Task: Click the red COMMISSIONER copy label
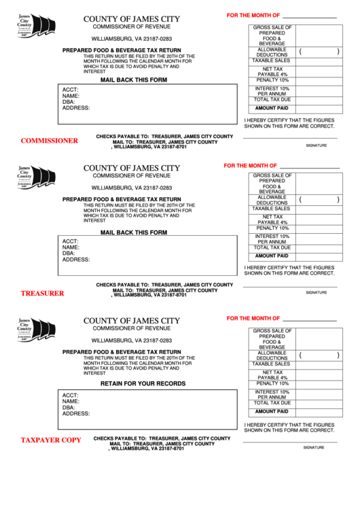pos(49,141)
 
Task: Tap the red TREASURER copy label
pos(42,294)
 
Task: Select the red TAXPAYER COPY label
pos(50,440)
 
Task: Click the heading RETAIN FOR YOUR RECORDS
pos(143,383)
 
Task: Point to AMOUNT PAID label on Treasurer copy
pos(272,256)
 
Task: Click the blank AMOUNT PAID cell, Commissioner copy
pos(319,108)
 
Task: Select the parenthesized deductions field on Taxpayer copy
pos(319,355)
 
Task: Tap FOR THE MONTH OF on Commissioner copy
pos(253,15)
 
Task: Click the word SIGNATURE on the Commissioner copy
pos(316,145)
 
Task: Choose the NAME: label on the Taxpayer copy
pos(71,402)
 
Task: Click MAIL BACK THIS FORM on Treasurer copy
pos(134,232)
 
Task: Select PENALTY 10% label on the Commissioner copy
pos(272,80)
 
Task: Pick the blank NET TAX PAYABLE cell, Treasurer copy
pos(319,220)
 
